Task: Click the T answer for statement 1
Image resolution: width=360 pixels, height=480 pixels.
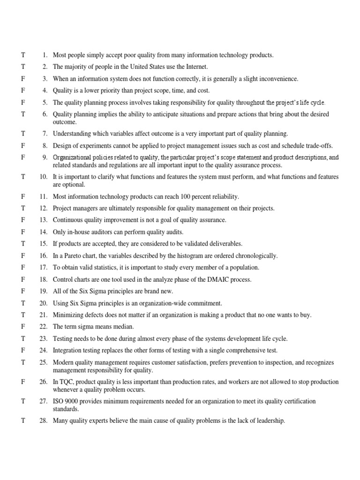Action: tap(22, 55)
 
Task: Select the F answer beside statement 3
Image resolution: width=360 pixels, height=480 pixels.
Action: tap(22, 79)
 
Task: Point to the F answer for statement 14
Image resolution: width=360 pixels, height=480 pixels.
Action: tap(22, 232)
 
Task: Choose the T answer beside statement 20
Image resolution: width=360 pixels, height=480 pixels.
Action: tap(22, 303)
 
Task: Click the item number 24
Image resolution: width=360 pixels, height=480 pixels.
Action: tap(43, 350)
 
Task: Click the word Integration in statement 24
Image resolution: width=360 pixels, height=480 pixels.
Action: tap(67, 350)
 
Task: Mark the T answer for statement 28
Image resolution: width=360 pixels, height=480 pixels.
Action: tap(22, 421)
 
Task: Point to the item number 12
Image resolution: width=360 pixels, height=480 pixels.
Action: tap(43, 209)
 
